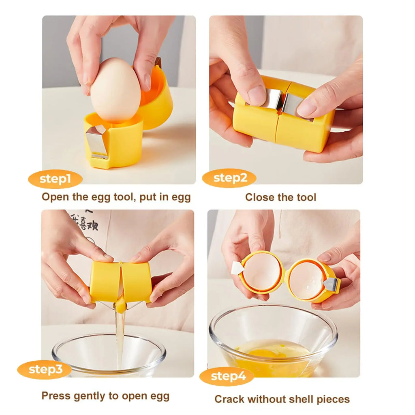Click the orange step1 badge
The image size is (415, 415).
(x=55, y=179)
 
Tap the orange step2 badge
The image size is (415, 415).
(x=229, y=178)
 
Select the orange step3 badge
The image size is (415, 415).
(x=44, y=369)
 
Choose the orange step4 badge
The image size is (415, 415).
(x=227, y=376)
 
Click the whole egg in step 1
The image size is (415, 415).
(x=116, y=90)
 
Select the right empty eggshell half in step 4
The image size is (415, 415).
(x=307, y=280)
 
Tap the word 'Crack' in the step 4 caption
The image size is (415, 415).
(x=229, y=399)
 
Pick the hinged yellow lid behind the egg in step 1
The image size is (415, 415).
(x=158, y=99)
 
